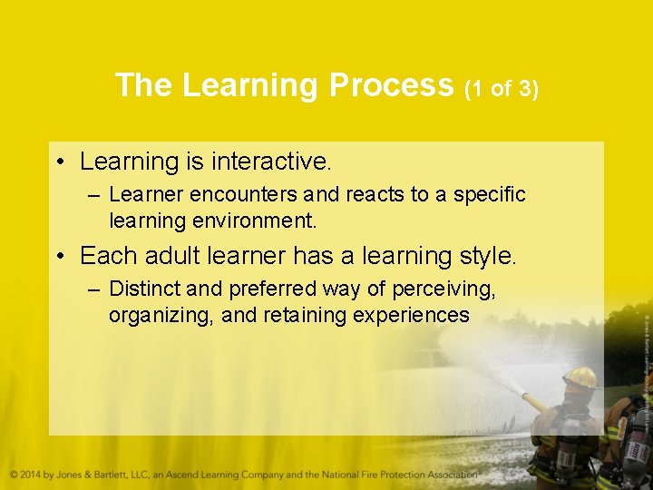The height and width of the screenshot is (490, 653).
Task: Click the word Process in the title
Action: coord(391,85)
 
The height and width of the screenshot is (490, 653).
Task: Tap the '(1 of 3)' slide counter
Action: coord(502,89)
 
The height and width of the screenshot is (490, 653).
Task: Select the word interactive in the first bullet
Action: coord(271,162)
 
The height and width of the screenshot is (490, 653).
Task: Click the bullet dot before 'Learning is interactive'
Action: coord(59,162)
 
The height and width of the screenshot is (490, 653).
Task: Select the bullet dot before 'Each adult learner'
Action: coord(59,257)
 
